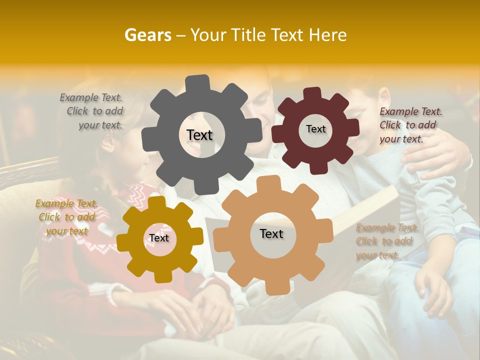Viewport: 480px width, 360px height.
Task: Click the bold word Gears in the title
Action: coord(147,35)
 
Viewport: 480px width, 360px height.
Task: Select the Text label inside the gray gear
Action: coord(199,135)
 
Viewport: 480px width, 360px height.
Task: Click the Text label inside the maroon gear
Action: coord(315,129)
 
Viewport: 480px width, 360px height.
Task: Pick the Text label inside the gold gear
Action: coord(159,238)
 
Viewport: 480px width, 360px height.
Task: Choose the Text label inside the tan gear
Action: coord(271,234)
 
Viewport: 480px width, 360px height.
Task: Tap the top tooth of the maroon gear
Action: coord(312,93)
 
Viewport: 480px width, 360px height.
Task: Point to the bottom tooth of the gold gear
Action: coord(161,276)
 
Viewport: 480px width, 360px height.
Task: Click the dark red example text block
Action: coord(410,125)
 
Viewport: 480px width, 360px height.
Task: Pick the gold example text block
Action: coord(67,217)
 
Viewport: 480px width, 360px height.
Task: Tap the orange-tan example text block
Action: coord(386,241)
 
